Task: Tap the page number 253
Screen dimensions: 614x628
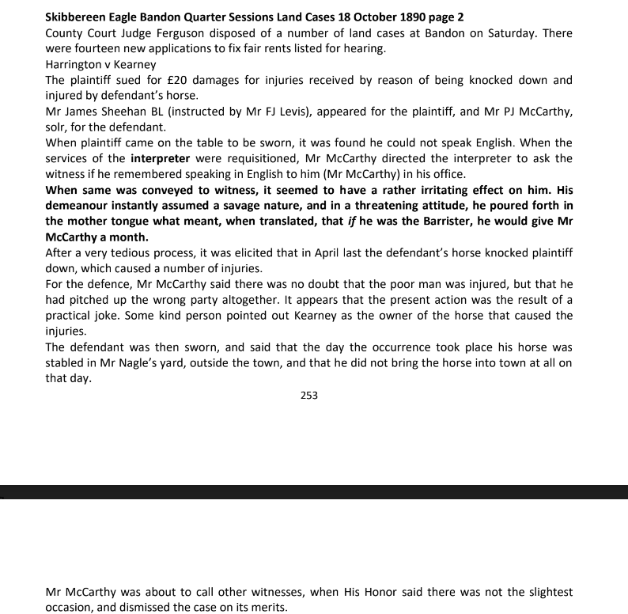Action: coord(309,395)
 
